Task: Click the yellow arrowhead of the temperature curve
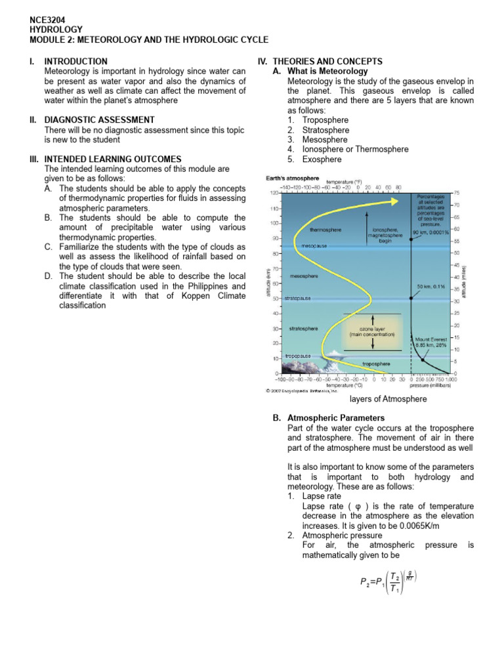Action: (397, 200)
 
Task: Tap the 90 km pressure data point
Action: (411, 240)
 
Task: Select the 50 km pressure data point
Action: (411, 298)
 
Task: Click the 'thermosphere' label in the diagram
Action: (325, 230)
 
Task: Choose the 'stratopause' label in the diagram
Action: (297, 298)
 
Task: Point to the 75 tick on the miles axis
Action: (456, 193)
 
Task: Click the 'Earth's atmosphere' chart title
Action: (292, 178)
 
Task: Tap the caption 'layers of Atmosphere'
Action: (388, 399)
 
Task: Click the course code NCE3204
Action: (48, 20)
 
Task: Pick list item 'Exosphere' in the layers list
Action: (322, 159)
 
